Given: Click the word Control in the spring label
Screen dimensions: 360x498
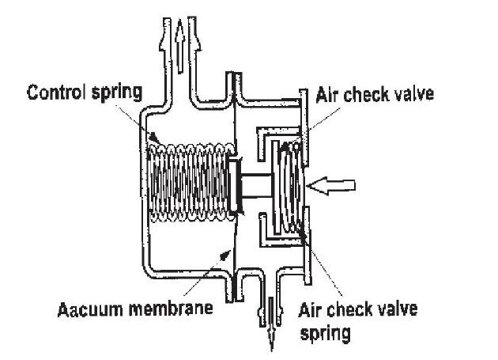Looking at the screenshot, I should (x=56, y=92).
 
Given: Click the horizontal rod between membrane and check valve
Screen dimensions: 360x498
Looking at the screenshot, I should (x=258, y=185).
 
